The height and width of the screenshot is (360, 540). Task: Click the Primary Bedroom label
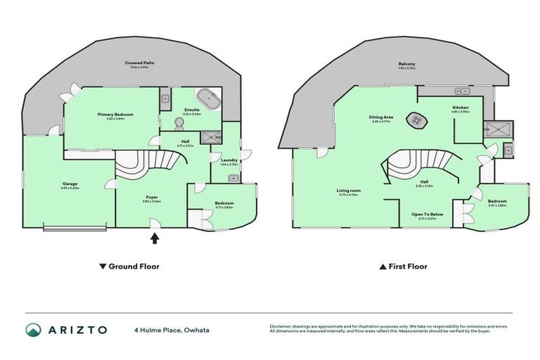coord(115,114)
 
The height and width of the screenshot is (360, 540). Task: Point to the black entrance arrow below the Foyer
coord(155,238)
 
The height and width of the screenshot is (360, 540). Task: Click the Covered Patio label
coord(141,63)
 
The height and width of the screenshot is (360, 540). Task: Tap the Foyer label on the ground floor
coord(152,198)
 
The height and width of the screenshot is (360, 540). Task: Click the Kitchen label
coord(461,108)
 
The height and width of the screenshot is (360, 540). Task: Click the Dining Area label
coord(380,117)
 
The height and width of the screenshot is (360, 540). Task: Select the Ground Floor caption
coord(129,266)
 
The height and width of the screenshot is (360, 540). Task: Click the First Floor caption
coord(403,266)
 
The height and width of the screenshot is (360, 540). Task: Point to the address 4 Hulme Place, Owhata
coord(172,330)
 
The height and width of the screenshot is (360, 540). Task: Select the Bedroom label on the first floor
coord(496,200)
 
